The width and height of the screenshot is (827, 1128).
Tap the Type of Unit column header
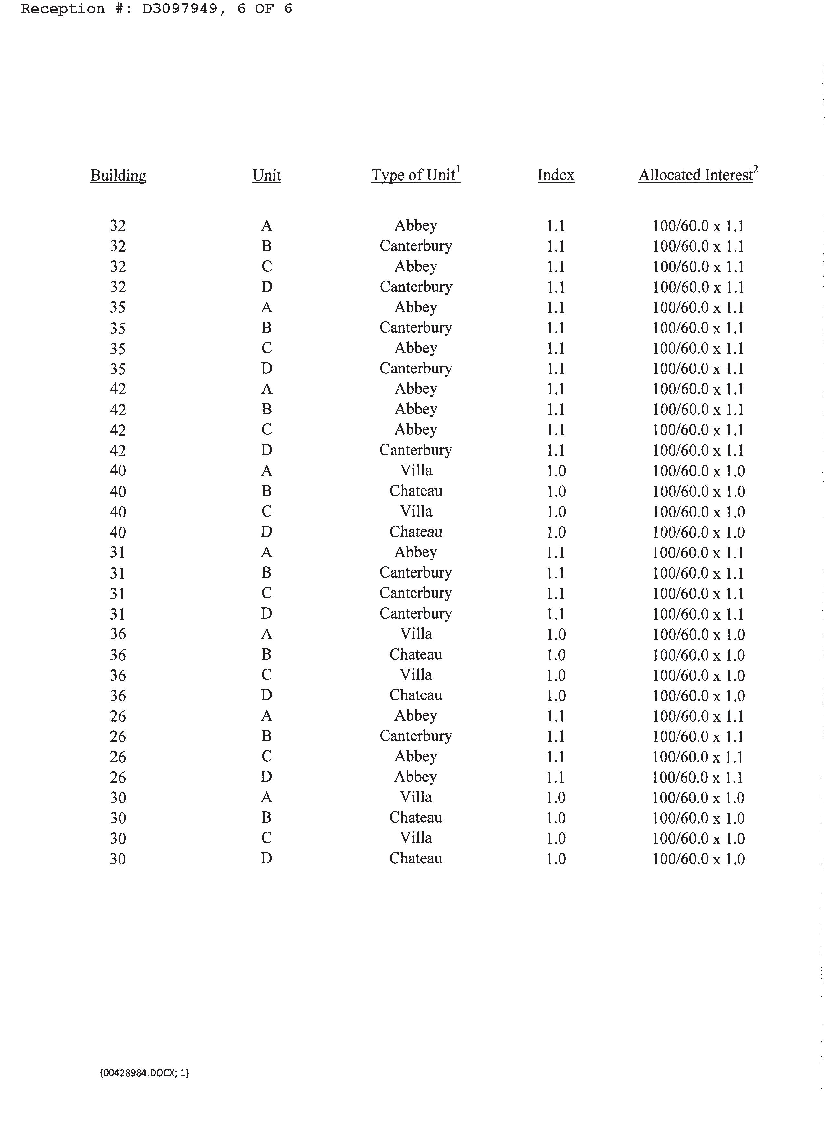413,175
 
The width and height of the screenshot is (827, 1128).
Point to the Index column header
556,175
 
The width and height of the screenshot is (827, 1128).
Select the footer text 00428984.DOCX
144,1072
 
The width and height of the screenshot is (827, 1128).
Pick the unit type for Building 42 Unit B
415,409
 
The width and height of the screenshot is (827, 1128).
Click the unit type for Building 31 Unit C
415,593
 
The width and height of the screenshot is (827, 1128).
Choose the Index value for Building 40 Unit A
556,471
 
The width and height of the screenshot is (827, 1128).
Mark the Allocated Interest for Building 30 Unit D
698,859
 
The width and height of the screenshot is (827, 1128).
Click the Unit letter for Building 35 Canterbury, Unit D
266,369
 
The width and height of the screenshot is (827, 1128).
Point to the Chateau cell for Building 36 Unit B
415,654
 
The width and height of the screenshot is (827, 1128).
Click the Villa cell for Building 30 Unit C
415,838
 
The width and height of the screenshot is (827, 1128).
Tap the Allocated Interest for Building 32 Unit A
698,226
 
